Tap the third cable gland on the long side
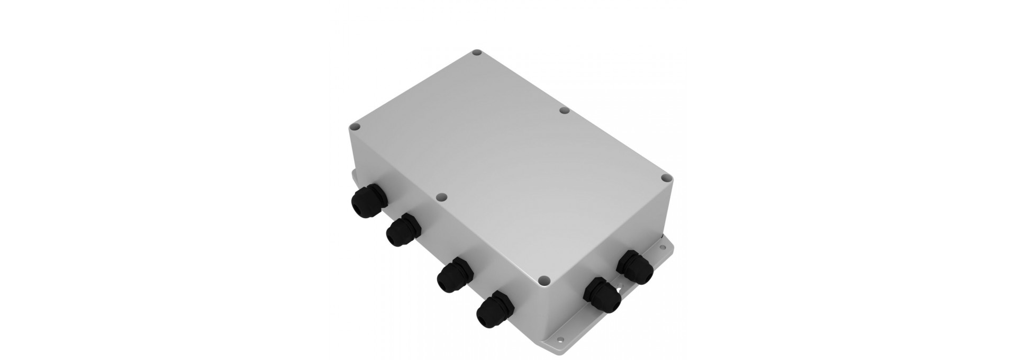(452, 275)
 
